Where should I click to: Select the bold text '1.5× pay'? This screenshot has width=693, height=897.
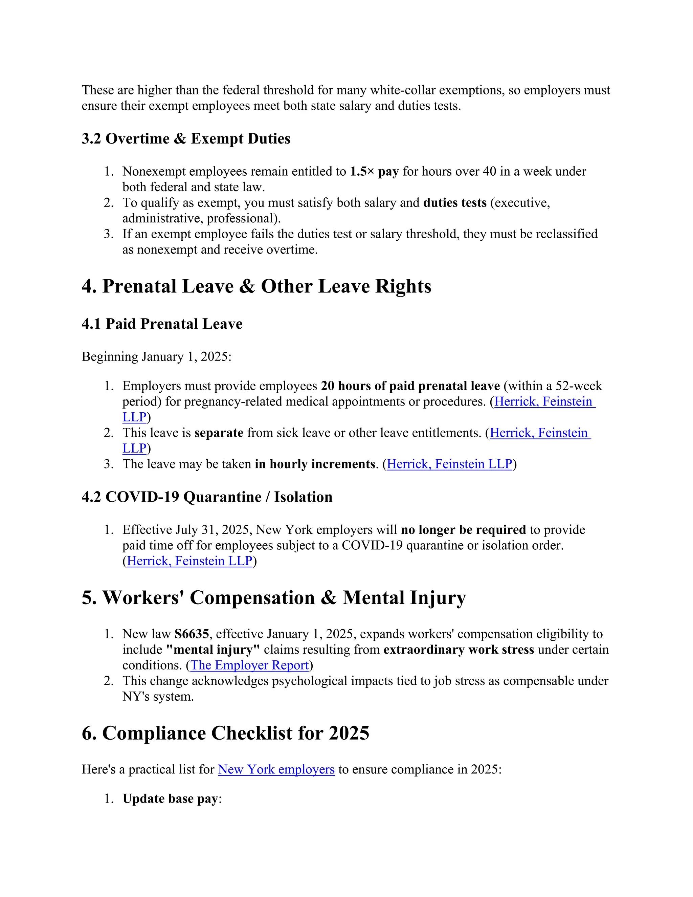[x=374, y=171]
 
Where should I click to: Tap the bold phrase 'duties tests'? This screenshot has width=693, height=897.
[x=454, y=202]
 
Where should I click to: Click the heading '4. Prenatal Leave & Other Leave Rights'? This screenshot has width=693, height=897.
[x=256, y=286]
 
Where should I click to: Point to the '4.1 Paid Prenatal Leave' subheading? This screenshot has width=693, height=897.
[x=162, y=324]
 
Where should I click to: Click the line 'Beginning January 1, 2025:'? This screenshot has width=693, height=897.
[x=156, y=356]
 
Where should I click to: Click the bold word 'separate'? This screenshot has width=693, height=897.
[x=219, y=433]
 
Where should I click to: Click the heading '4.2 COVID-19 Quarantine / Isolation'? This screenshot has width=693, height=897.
[x=207, y=497]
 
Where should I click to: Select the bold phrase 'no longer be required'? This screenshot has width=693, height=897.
[x=463, y=529]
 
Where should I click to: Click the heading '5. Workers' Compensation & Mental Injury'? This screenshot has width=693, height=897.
[x=273, y=597]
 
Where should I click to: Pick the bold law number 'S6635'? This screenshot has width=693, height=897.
[x=192, y=634]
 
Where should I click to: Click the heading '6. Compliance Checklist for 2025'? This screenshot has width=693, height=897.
[x=225, y=733]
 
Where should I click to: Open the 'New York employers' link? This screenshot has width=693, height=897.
[x=276, y=769]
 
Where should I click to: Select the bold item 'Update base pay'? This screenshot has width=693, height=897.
[x=170, y=799]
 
